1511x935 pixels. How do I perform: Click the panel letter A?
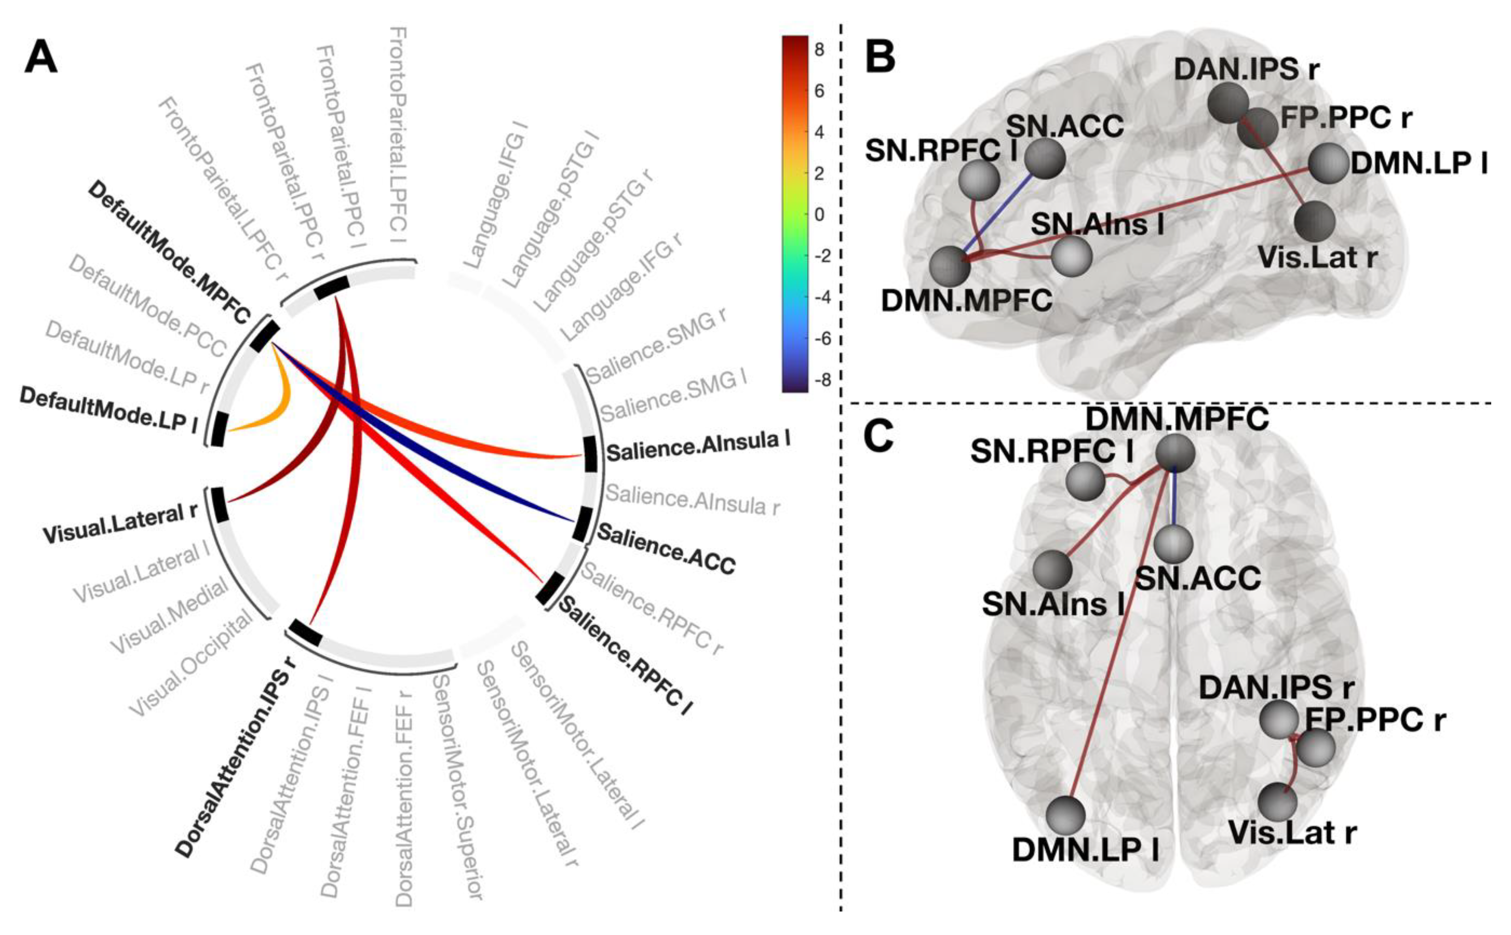coord(41,59)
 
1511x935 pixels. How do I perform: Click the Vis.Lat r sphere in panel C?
coord(1277,802)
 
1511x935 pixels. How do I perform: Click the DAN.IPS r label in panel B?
coord(1246,69)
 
